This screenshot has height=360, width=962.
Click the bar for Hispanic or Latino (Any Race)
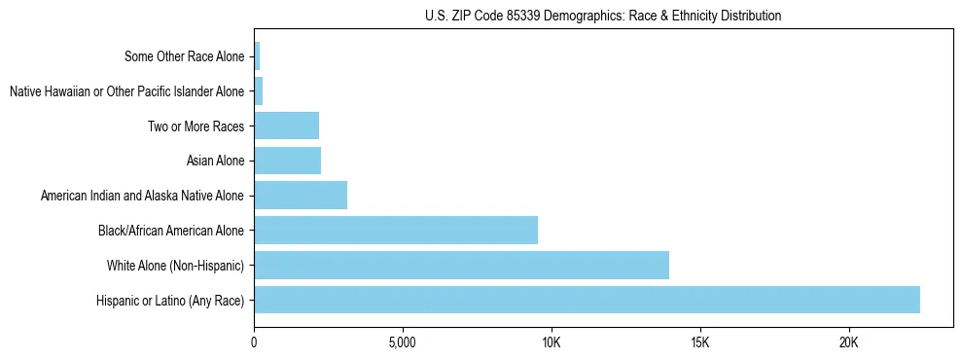pos(587,300)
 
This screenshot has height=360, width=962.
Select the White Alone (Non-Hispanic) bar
pos(461,265)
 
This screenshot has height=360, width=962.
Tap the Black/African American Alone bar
pos(396,231)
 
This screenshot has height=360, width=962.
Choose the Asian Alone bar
pos(287,161)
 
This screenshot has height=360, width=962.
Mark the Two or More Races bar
pos(286,126)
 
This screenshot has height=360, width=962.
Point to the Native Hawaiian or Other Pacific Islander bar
pos(259,91)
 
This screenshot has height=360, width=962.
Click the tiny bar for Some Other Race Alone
pos(257,56)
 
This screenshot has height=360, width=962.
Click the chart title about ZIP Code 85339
pos(603,16)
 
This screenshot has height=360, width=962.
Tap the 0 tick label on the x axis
pos(254,342)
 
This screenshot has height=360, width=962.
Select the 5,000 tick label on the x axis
pos(402,342)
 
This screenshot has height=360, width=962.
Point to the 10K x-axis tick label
pos(552,342)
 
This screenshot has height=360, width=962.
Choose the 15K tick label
pos(700,342)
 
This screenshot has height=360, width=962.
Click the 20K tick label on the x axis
pos(849,342)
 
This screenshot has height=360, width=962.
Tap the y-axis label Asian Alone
pos(215,161)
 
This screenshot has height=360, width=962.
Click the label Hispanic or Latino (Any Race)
pos(170,301)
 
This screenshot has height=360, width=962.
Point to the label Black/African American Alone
pos(171,231)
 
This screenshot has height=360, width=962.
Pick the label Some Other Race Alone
pos(184,56)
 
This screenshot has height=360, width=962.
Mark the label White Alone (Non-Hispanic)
pos(175,266)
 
